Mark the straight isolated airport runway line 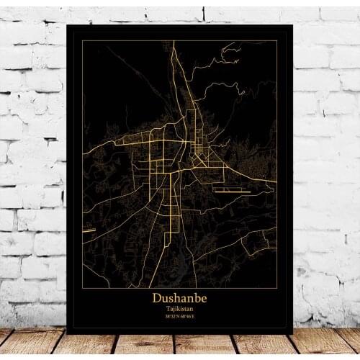(x=232, y=192)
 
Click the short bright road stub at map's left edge (x=88, y=231)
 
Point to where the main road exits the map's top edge (x=171, y=41)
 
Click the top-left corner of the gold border (x=83, y=41)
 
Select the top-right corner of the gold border (x=276, y=41)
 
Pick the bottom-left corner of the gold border (x=83, y=321)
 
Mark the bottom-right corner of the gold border (x=276, y=321)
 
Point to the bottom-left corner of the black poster (x=67, y=334)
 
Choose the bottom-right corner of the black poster (x=292, y=334)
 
